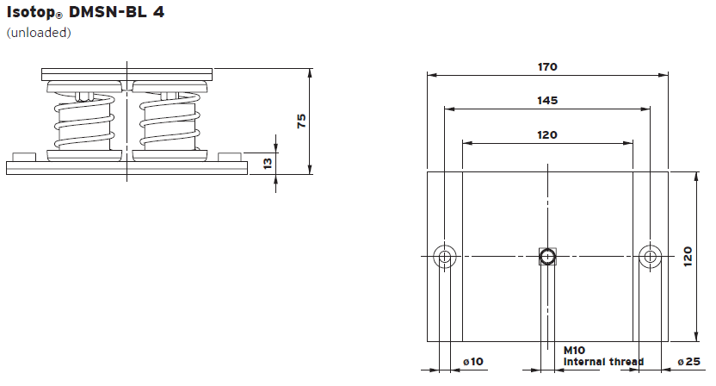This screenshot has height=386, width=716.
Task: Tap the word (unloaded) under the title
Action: [x=39, y=34]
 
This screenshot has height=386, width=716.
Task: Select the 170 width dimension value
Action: [x=547, y=66]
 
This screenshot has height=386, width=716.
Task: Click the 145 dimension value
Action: [x=547, y=100]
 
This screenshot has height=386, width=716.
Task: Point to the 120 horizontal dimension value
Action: [x=547, y=134]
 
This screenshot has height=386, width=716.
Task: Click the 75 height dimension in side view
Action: [x=301, y=121]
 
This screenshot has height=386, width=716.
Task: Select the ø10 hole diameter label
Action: [x=473, y=362]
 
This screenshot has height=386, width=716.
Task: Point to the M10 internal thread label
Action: [x=602, y=357]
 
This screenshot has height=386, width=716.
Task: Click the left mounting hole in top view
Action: [x=445, y=256]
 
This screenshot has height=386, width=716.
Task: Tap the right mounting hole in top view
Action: [x=651, y=256]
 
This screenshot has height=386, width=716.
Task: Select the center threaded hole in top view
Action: [x=547, y=256]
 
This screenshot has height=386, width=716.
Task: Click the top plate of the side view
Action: [x=127, y=72]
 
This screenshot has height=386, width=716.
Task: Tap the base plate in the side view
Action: [x=127, y=167]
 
